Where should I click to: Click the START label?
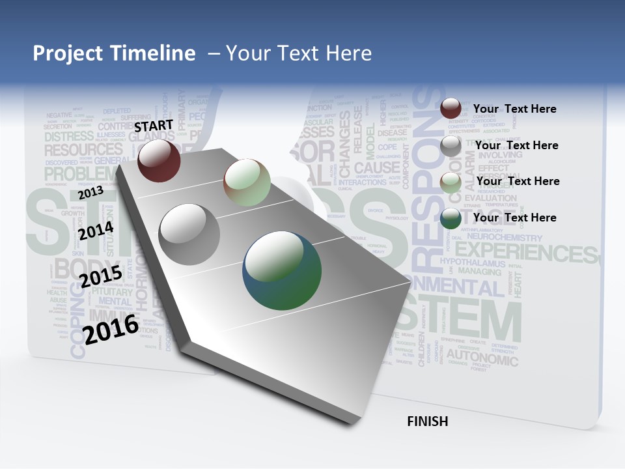(x=154, y=125)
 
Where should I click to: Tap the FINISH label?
(x=428, y=421)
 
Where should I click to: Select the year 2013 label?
(x=90, y=193)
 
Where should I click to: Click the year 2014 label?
(x=96, y=231)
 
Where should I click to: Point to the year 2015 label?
(x=101, y=276)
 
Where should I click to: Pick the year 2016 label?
(x=111, y=329)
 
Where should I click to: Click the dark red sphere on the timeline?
(x=159, y=160)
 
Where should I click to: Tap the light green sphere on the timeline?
(x=247, y=182)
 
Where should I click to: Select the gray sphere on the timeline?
(x=189, y=234)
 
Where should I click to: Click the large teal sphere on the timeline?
(x=282, y=270)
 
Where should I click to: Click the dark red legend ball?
(x=451, y=109)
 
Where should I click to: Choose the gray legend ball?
(x=451, y=146)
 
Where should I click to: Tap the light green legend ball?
(x=451, y=182)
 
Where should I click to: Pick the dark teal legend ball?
(x=451, y=218)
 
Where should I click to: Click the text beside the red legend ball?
(x=514, y=109)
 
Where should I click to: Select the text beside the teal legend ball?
(x=514, y=218)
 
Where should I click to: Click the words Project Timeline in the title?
(x=114, y=53)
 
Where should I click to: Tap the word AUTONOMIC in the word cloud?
(x=482, y=358)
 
